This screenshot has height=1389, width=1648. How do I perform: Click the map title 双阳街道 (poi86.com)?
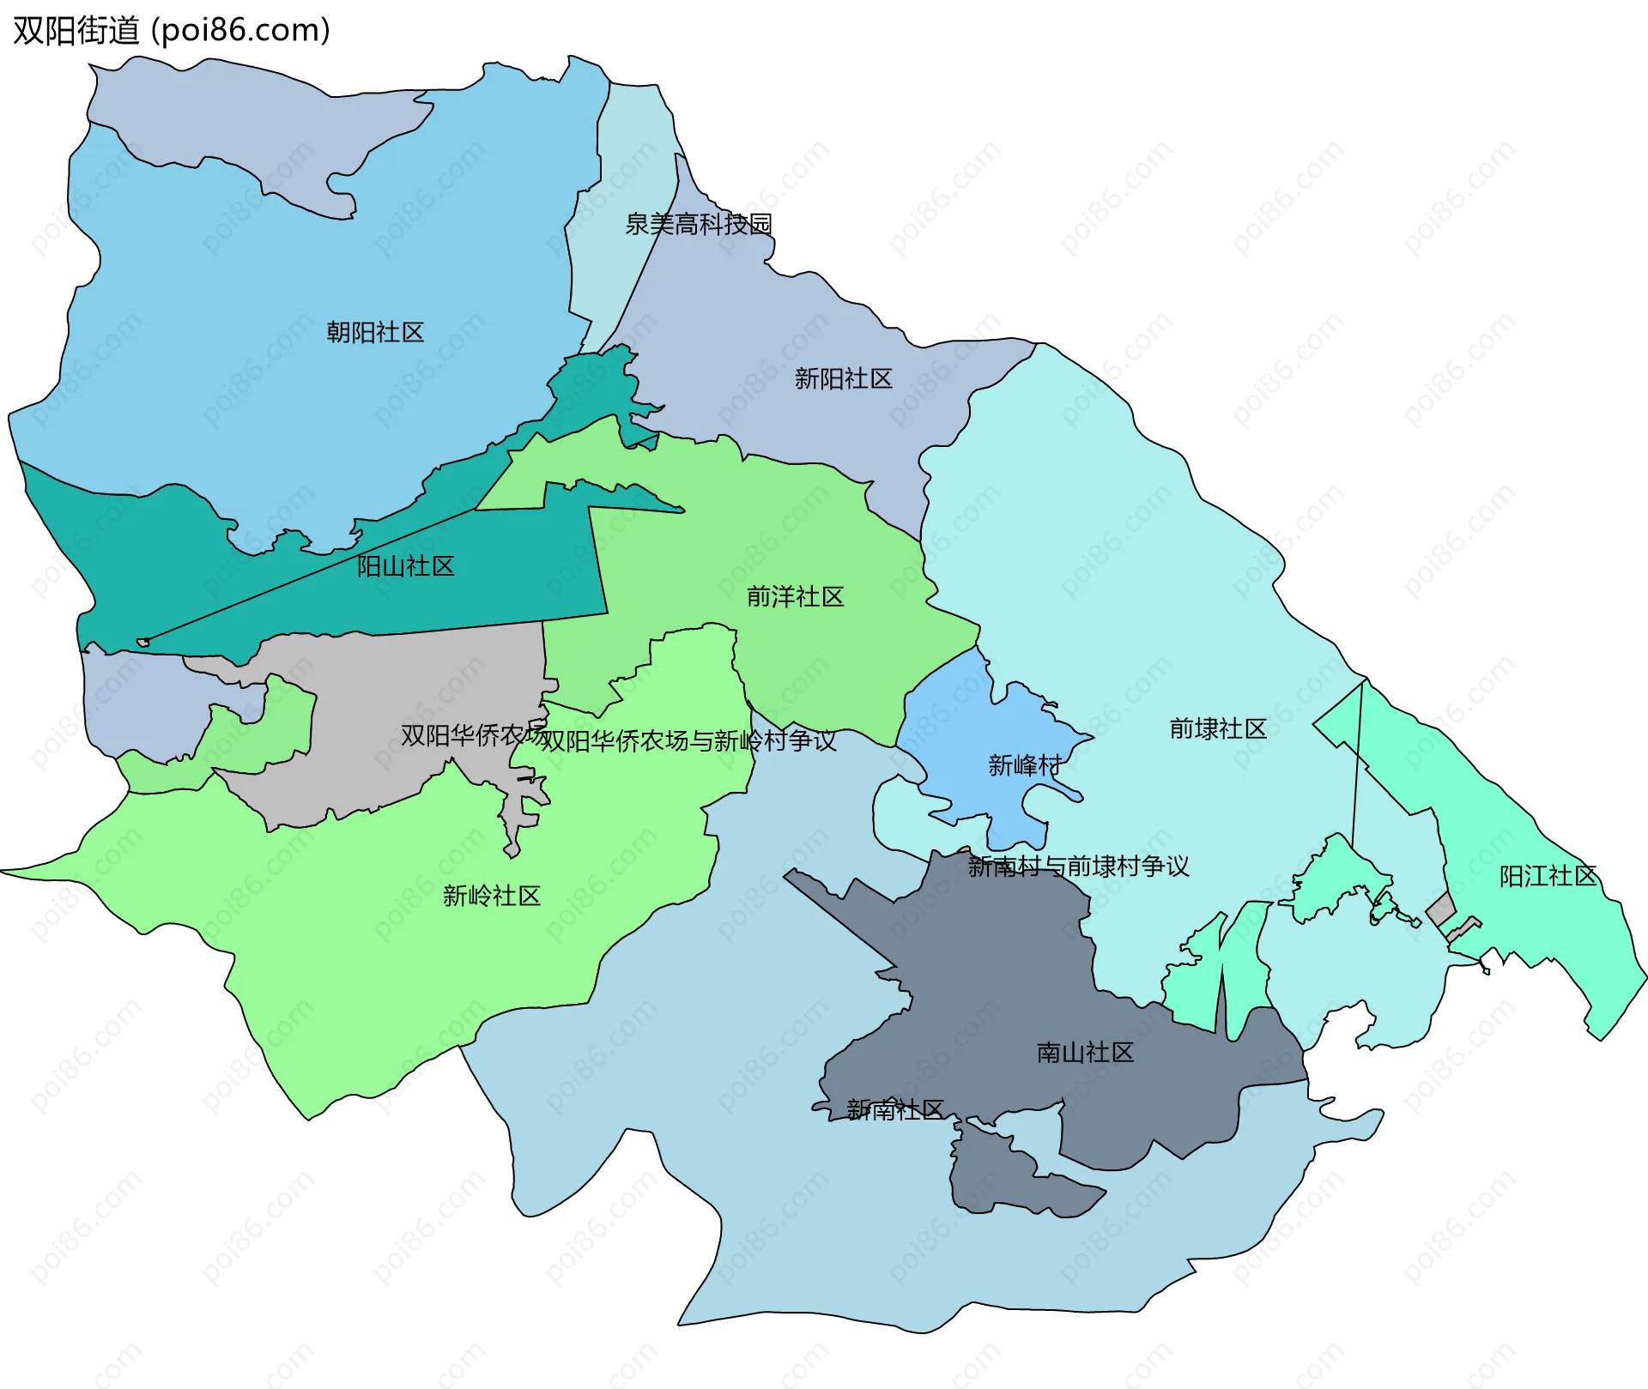point(172,31)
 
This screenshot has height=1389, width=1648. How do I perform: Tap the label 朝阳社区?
point(375,332)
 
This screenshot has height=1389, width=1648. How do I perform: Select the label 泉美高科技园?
point(698,224)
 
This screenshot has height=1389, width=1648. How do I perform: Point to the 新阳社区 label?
point(843,378)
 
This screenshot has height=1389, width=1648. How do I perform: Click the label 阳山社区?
point(405,566)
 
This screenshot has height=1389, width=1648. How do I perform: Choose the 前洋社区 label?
point(795,596)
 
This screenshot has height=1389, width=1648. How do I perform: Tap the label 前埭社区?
point(1217,728)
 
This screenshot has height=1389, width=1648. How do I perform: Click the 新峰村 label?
point(1024,764)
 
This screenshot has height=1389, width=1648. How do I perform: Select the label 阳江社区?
point(1547,876)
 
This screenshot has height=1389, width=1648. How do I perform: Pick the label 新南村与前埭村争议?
point(1078,866)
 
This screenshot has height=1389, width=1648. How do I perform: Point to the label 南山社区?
point(1085,1052)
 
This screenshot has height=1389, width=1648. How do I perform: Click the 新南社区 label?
point(894,1109)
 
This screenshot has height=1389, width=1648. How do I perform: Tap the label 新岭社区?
point(491,896)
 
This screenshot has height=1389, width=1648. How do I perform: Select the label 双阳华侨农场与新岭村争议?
point(688,740)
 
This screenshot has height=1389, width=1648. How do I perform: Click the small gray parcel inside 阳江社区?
point(1440,909)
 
